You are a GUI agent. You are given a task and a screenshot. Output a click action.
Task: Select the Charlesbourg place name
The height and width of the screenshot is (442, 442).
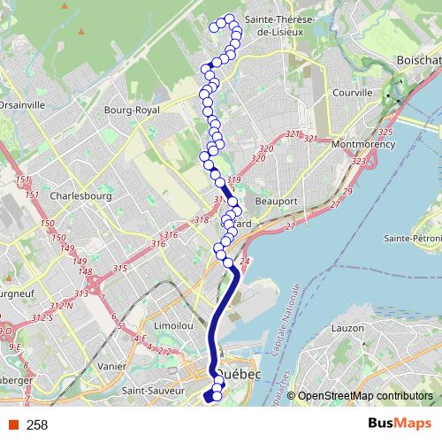pyautogui.click(x=80, y=196)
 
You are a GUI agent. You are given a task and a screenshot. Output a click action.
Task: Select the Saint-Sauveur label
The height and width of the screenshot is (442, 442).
pyautogui.click(x=152, y=390)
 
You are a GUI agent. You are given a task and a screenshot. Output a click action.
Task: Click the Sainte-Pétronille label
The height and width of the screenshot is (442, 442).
pyautogui.click(x=413, y=239)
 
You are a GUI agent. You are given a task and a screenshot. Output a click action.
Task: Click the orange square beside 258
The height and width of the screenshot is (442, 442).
pyautogui.click(x=12, y=425)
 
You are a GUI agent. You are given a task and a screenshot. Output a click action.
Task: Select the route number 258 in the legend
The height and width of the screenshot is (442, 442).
pyautogui.click(x=37, y=425)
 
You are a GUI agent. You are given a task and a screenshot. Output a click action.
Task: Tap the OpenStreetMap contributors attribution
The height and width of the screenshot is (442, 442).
pyautogui.click(x=364, y=396)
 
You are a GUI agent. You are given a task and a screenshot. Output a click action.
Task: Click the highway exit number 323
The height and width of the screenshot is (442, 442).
pyautogui.click(x=358, y=162)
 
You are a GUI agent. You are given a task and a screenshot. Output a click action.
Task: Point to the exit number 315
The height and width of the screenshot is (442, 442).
pyautogui.click(x=121, y=268)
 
